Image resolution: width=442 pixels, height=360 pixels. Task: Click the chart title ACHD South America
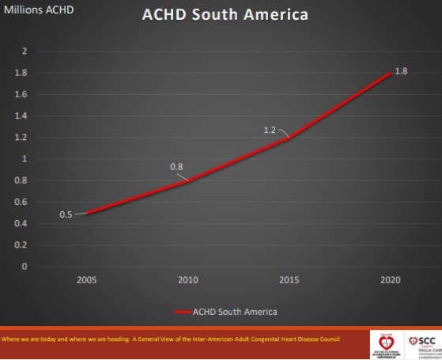click(224, 15)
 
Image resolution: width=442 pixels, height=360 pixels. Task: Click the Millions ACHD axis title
click(39, 10)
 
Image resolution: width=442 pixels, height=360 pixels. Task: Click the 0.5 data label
click(66, 214)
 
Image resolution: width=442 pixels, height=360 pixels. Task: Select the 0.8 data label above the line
click(176, 167)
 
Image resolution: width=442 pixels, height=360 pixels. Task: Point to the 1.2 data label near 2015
click(270, 128)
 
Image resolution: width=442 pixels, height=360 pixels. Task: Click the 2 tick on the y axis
click(24, 51)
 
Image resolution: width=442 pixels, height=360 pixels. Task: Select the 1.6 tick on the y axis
click(21, 94)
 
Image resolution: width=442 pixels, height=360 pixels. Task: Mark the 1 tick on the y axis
click(24, 158)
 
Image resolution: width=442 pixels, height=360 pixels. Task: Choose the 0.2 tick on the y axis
click(21, 244)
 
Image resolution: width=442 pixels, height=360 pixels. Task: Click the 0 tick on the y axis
click(24, 267)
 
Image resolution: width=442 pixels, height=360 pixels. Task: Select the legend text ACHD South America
click(235, 311)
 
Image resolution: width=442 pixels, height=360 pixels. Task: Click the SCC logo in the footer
click(423, 343)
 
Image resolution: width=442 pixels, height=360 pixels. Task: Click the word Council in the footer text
click(327, 339)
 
